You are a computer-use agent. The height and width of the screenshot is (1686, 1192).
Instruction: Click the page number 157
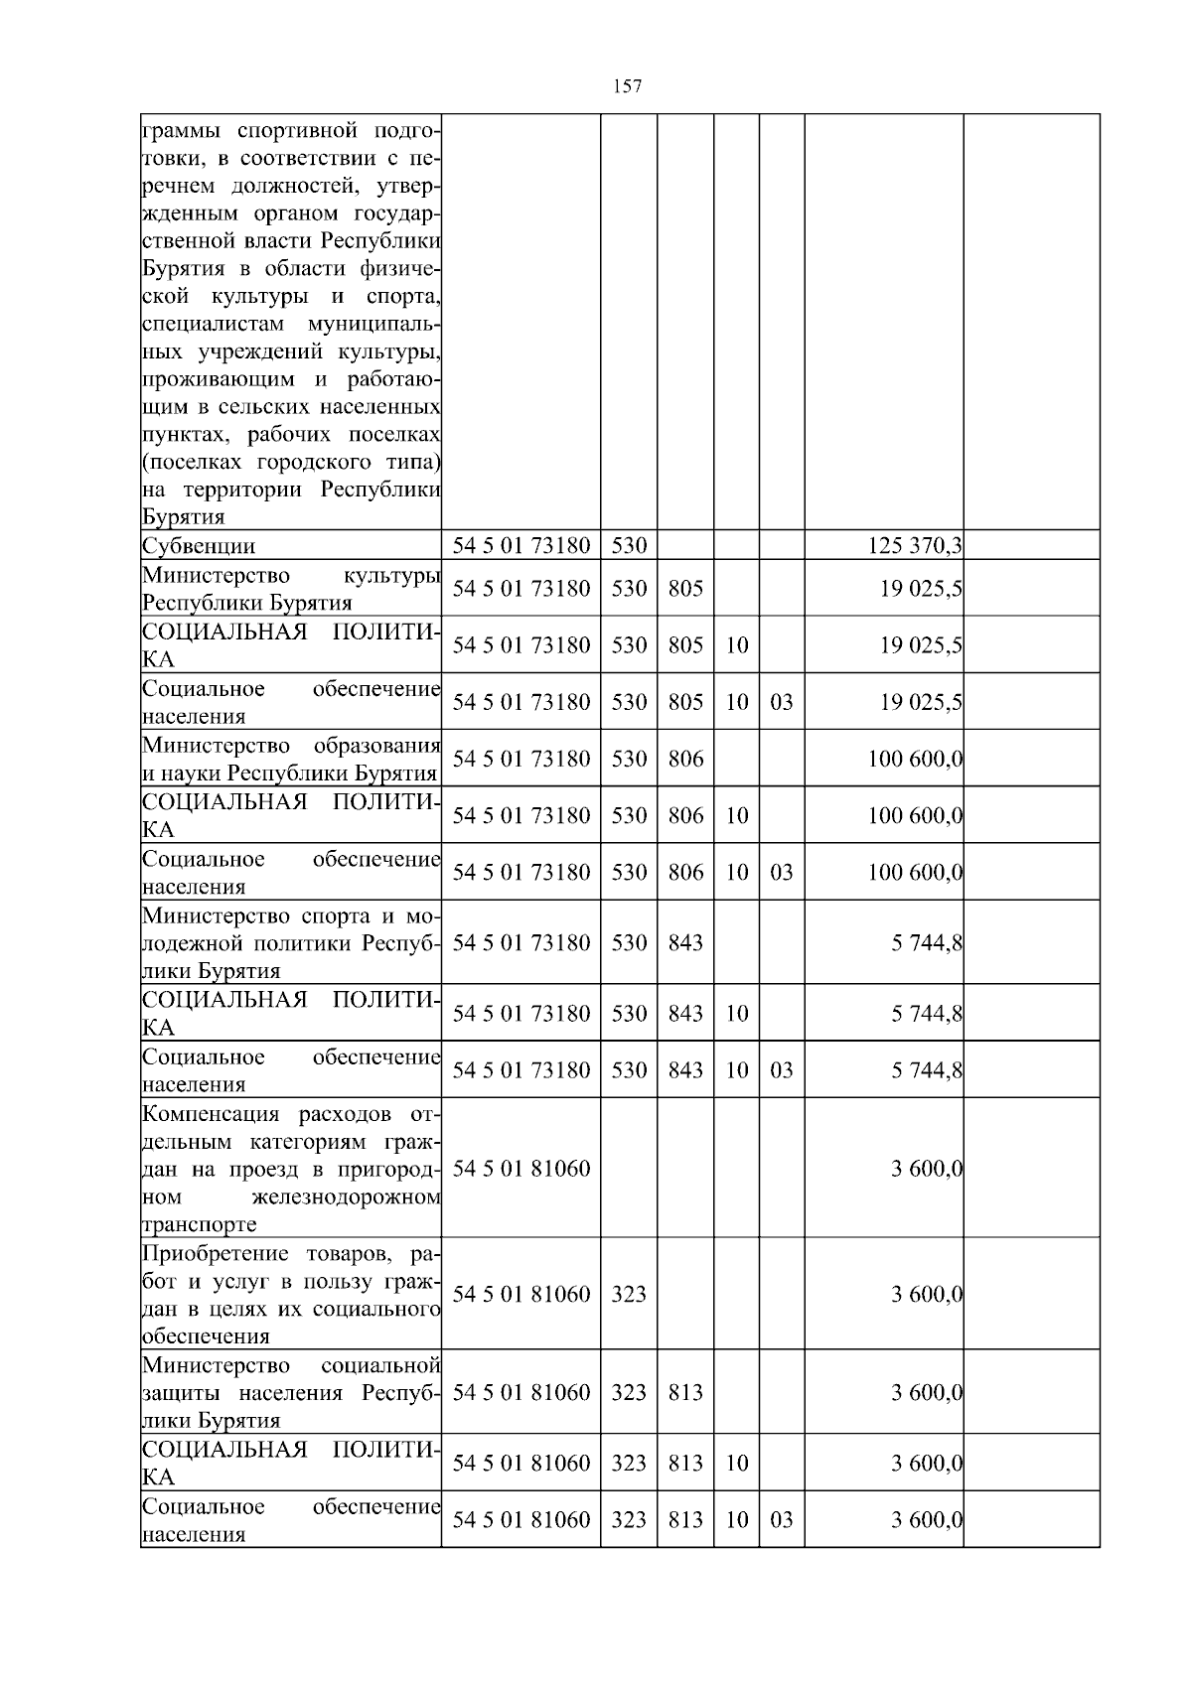pyautogui.click(x=627, y=86)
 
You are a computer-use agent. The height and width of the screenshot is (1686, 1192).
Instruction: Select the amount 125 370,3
pyautogui.click(x=915, y=546)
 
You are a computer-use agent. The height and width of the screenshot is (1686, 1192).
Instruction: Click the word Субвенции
pyautogui.click(x=199, y=546)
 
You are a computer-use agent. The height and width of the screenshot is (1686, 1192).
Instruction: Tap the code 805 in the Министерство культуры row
pyautogui.click(x=685, y=588)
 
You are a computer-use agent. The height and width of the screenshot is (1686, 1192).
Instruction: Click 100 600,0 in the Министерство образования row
pyautogui.click(x=915, y=759)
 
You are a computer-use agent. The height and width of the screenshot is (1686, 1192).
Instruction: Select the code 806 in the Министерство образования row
pyautogui.click(x=685, y=759)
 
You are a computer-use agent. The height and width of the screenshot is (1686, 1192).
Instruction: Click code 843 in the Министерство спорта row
pyautogui.click(x=685, y=942)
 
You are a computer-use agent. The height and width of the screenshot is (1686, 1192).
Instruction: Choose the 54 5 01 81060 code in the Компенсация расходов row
pyautogui.click(x=521, y=1168)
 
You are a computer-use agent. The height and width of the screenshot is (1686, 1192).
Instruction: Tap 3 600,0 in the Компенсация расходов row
pyautogui.click(x=927, y=1168)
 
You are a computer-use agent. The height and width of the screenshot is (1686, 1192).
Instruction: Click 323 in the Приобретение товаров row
pyautogui.click(x=629, y=1294)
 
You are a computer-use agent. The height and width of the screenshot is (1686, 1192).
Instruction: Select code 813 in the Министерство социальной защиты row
pyautogui.click(x=685, y=1392)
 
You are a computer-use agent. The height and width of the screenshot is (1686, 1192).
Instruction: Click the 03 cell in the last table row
pyautogui.click(x=782, y=1519)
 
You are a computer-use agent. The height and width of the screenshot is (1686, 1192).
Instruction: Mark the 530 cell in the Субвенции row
pyautogui.click(x=629, y=546)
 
